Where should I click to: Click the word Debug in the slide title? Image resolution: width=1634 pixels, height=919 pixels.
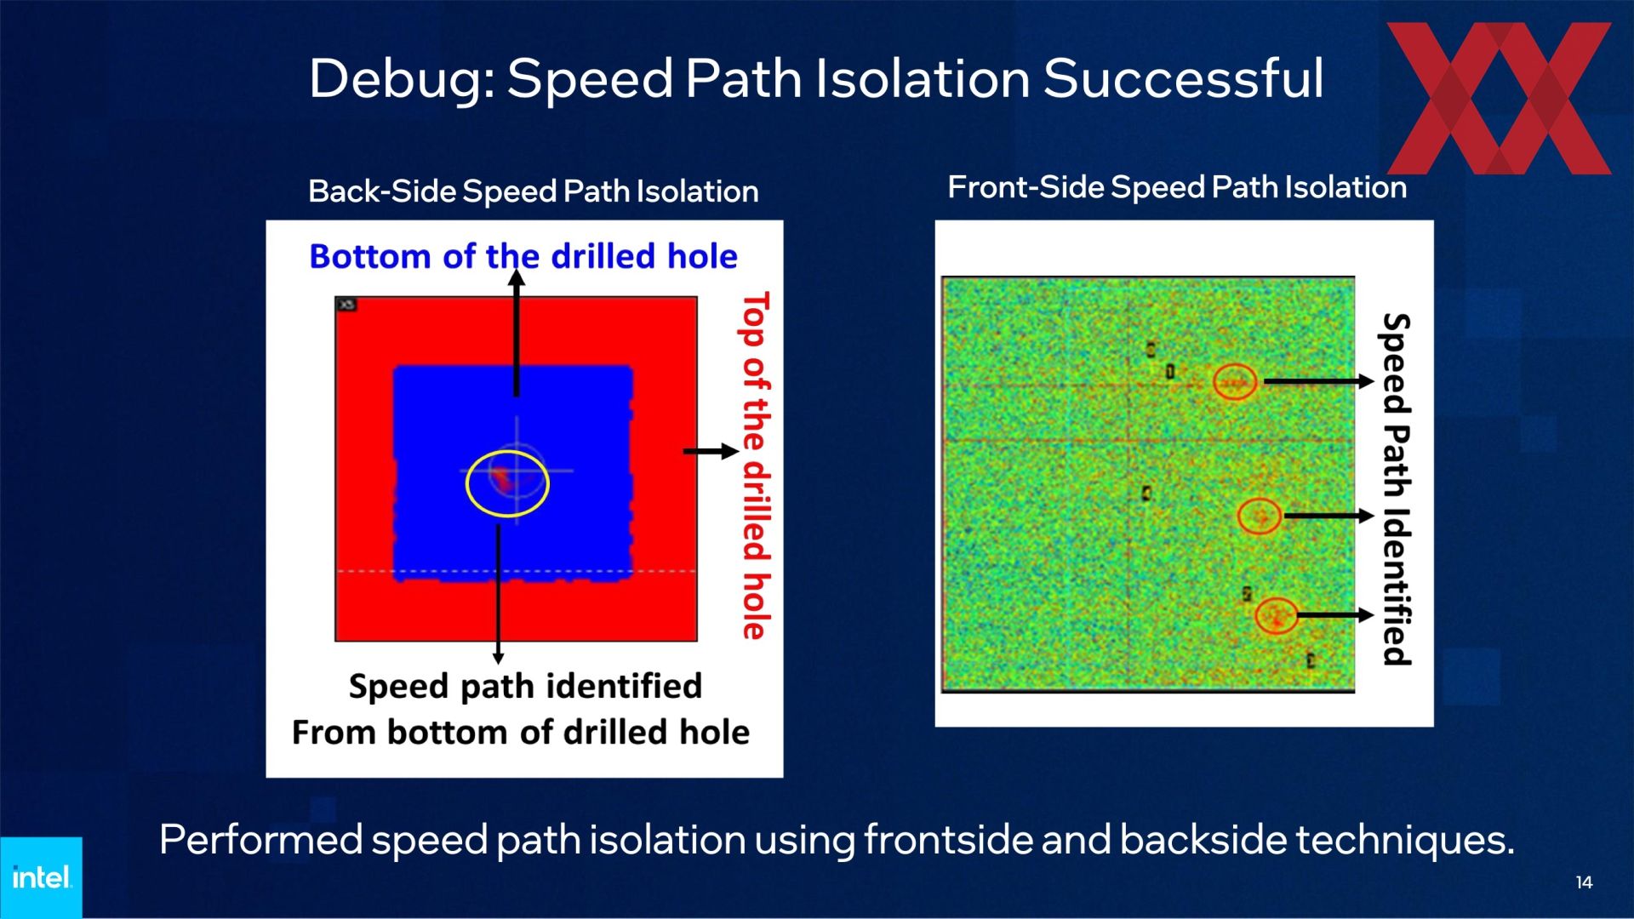401,80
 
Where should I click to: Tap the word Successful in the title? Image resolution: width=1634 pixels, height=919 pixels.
1183,78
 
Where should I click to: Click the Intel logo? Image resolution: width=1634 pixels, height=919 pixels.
41,877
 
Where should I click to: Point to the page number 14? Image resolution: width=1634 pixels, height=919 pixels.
1584,882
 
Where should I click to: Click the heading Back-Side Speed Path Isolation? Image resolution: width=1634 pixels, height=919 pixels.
533,191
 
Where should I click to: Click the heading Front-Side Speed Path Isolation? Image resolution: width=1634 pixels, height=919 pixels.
1177,187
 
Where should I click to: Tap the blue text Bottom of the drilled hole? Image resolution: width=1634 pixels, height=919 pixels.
523,256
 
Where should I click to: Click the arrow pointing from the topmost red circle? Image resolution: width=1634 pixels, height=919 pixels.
1318,381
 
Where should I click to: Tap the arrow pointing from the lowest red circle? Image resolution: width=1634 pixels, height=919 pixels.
1334,614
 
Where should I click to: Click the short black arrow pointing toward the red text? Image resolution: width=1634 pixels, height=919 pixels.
711,451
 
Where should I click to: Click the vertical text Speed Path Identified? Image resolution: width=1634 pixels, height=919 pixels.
1396,489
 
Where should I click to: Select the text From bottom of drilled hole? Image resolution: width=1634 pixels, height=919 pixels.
521,733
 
